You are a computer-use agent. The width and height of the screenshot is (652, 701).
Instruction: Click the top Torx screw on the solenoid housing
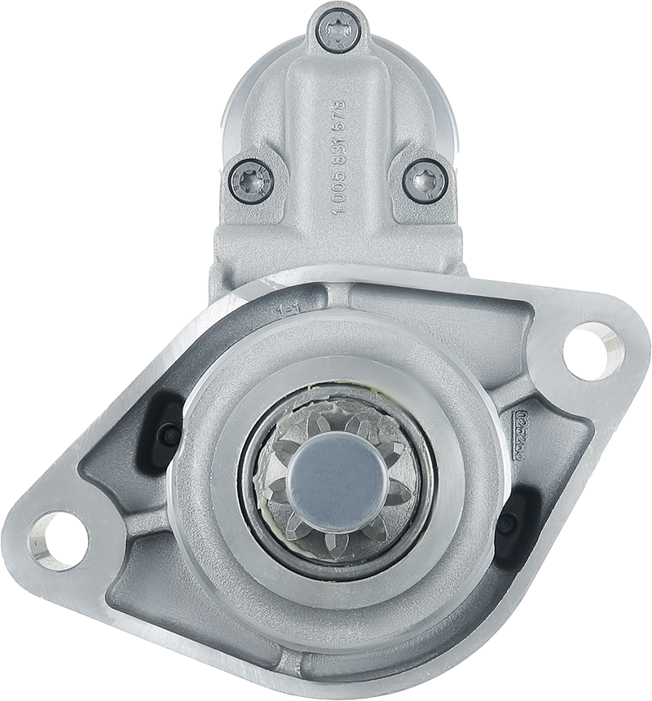point(337,30)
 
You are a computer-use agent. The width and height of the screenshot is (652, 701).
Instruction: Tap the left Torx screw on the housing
point(251,180)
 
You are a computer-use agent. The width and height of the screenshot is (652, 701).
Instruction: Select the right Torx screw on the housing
point(425,180)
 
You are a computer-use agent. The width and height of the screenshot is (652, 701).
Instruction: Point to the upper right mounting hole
point(593,351)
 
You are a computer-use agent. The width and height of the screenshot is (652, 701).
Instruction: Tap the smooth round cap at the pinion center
point(337,478)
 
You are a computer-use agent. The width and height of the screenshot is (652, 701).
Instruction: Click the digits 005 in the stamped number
point(339,190)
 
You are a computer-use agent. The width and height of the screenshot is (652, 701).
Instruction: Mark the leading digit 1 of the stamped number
point(339,210)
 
